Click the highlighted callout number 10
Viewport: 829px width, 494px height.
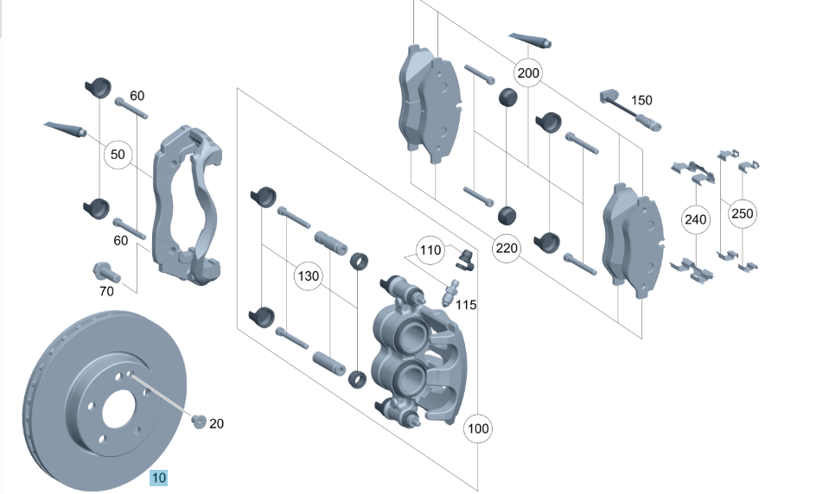pos(158,478)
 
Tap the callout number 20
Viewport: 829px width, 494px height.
pos(216,423)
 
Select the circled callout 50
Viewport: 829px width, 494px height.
pos(118,155)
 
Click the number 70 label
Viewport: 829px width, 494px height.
pos(106,291)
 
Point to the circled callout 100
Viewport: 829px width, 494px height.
pos(478,428)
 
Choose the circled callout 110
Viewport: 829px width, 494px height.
pos(430,250)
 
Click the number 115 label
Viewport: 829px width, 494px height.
pos(466,305)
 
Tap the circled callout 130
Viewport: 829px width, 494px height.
pos(309,275)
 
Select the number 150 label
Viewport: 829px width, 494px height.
pos(641,100)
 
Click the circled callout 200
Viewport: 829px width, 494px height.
pos(527,73)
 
